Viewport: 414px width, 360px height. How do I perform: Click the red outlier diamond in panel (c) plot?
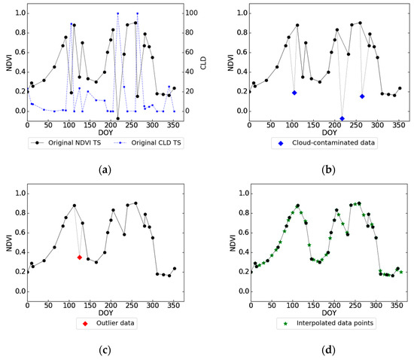click(x=80, y=258)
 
